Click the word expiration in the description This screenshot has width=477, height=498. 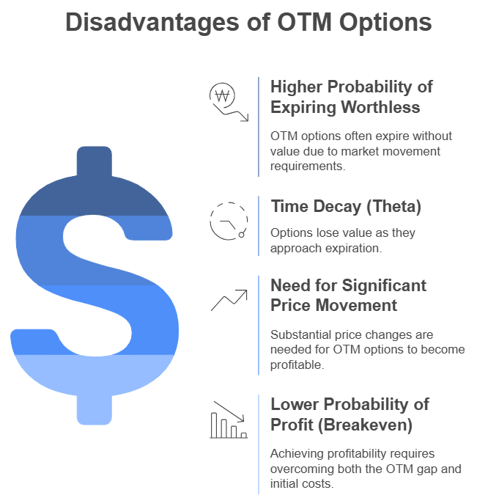[x=358, y=248]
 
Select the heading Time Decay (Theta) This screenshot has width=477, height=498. [x=346, y=206]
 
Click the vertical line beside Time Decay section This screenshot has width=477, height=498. [x=259, y=225]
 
